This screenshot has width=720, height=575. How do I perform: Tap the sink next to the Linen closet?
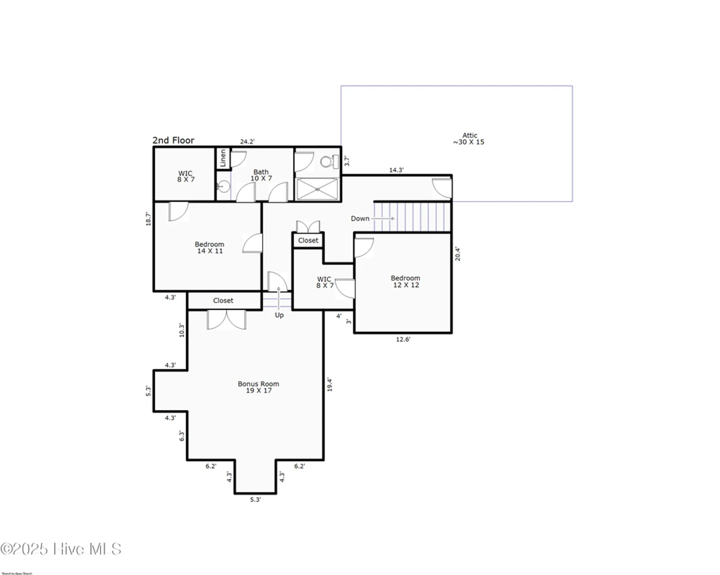(223, 187)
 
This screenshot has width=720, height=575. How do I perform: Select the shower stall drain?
(317, 189)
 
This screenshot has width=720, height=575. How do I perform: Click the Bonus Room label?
(259, 387)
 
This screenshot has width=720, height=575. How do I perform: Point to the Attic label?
(469, 138)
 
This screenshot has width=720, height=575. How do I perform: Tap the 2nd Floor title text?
(173, 140)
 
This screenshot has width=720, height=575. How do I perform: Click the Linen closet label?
(223, 158)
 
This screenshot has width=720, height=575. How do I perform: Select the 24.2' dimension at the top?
(247, 141)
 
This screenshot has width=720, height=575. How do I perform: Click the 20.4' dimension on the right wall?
(457, 254)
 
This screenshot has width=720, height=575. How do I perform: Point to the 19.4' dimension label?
(329, 384)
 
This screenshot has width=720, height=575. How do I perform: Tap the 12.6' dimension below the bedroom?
(403, 339)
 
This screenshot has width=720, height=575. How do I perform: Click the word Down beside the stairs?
(360, 219)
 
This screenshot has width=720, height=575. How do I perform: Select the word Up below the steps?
(279, 315)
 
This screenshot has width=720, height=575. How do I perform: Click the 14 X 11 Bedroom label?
(209, 248)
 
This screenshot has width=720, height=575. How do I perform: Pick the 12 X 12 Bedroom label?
(406, 281)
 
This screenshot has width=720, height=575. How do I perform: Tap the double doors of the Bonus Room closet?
(226, 320)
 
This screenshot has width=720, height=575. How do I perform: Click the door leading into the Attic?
(442, 188)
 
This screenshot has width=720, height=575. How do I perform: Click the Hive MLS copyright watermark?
(61, 549)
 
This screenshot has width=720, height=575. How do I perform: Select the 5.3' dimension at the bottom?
(255, 499)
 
